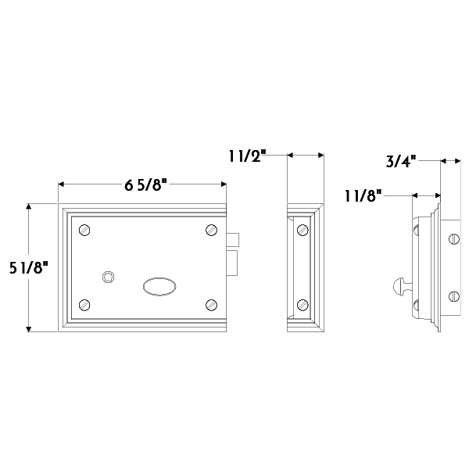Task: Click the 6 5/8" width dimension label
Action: click(x=145, y=185)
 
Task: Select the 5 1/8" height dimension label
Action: click(x=28, y=267)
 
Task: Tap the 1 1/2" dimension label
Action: click(x=247, y=156)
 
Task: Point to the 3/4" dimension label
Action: click(x=401, y=161)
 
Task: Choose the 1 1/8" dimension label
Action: click(x=363, y=196)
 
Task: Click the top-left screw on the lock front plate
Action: click(x=84, y=230)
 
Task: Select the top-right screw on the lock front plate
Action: click(x=212, y=230)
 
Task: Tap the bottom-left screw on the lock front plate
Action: click(x=84, y=305)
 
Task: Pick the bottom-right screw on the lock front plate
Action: click(x=212, y=305)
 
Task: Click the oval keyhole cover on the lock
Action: click(x=159, y=287)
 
